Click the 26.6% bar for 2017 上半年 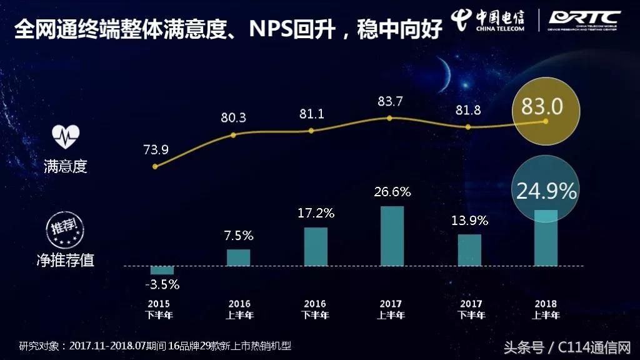[392, 236]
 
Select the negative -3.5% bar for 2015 [162, 270]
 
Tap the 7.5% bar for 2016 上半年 [238, 257]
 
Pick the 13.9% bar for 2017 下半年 [469, 250]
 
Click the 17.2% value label [316, 213]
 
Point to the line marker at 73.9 [155, 166]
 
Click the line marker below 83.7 [389, 117]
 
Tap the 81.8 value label [469, 110]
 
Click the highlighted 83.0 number [542, 106]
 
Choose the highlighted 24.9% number [546, 191]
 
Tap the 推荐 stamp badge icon [66, 229]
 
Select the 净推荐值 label [66, 259]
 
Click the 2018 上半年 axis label [546, 309]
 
